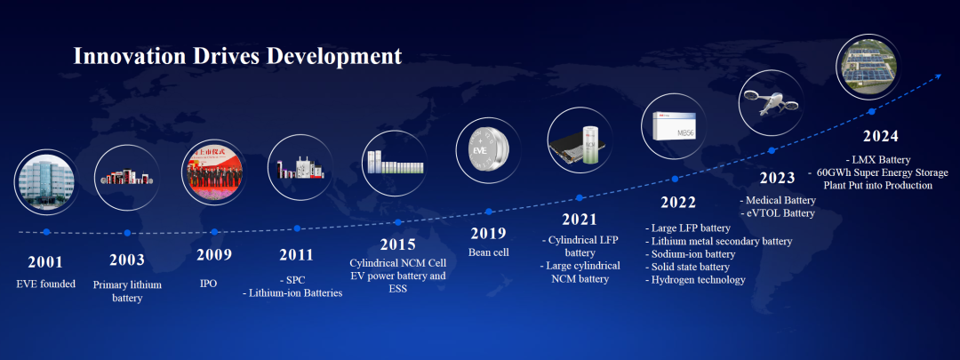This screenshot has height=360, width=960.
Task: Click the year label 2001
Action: point(45,262)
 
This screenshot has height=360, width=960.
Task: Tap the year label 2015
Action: point(398,245)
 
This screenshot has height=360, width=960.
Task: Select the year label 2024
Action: point(881,136)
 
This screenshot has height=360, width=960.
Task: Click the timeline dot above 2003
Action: point(127,233)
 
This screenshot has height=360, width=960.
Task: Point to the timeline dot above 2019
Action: point(489,212)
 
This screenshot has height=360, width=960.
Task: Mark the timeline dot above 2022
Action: point(675,179)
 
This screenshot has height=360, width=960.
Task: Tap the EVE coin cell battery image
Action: point(488,150)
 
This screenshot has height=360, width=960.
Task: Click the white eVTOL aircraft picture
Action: point(770,103)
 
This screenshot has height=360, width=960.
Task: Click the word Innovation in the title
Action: point(129,56)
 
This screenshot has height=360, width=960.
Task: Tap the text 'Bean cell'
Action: point(489,252)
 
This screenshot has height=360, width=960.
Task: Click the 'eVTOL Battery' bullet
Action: point(778,213)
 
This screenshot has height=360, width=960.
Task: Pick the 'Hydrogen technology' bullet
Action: point(695,280)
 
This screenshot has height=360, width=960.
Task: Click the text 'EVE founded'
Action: point(45,284)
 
